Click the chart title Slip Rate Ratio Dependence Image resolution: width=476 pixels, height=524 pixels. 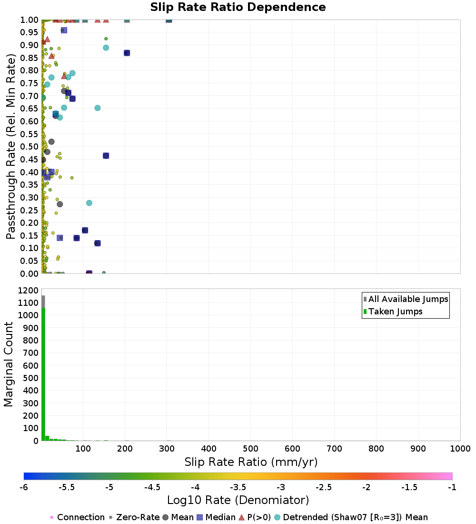(238, 8)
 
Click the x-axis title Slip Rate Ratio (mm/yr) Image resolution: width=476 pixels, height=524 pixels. (251, 462)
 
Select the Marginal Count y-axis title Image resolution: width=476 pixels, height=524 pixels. (9, 364)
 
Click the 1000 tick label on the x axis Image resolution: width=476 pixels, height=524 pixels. (460, 449)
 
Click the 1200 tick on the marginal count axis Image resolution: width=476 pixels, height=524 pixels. (29, 290)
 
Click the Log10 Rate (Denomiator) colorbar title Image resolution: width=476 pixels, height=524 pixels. (238, 500)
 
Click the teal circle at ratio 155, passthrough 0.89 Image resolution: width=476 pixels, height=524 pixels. (106, 48)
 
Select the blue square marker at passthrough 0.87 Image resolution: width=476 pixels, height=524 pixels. (127, 53)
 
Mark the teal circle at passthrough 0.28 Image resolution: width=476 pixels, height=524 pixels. (89, 203)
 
